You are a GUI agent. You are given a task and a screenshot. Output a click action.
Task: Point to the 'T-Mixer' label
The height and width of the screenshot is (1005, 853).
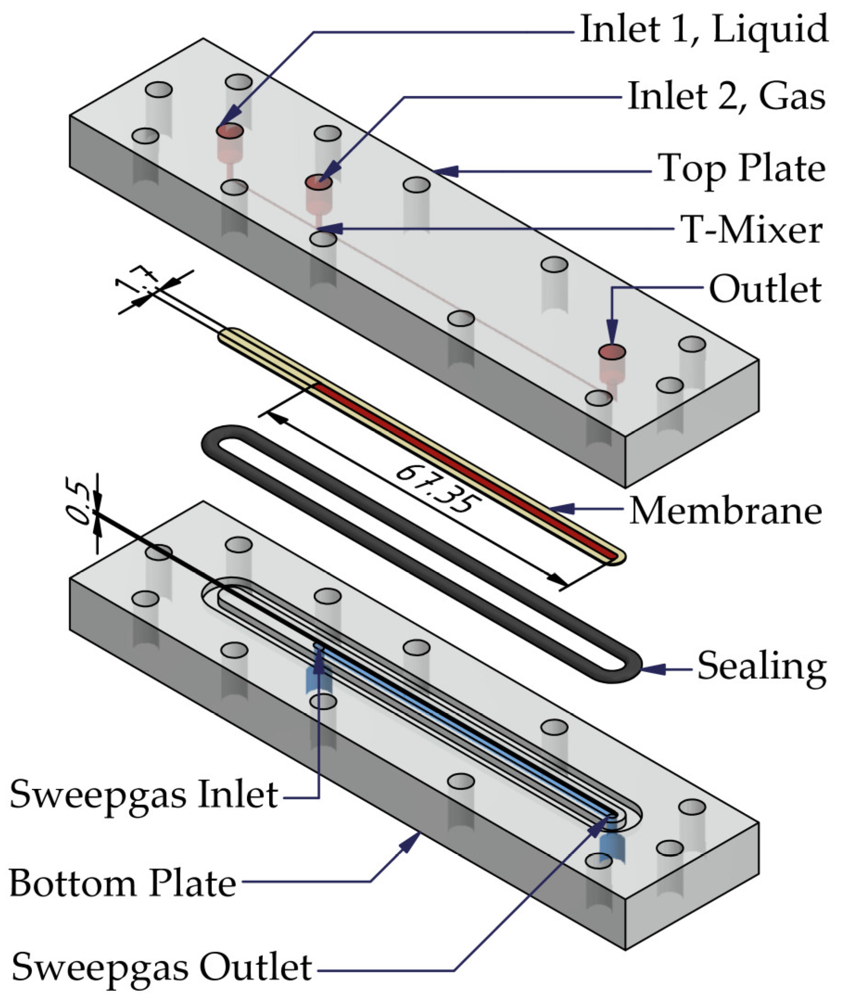[751, 229]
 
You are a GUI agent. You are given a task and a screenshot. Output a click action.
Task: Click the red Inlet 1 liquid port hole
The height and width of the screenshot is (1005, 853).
[229, 131]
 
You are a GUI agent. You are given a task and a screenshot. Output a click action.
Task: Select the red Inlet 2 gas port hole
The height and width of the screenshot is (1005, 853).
[318, 183]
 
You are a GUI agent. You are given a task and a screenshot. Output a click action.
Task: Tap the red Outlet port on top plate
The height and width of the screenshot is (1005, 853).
[612, 351]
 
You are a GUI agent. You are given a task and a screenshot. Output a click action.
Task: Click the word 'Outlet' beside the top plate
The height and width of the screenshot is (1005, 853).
[764, 289]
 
